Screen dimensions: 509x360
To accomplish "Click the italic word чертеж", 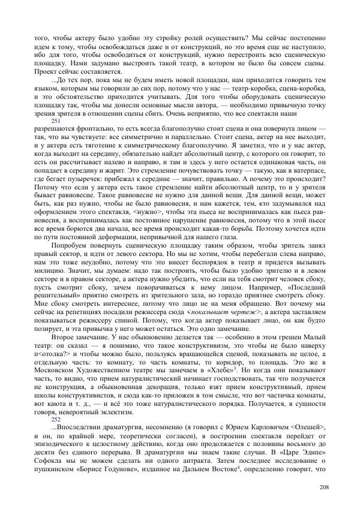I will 245,312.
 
